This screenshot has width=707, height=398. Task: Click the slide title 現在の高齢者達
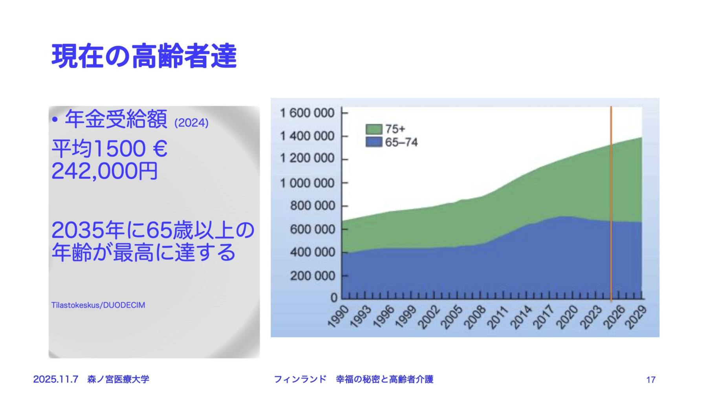pos(144,57)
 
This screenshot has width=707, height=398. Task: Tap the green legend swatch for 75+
pos(374,129)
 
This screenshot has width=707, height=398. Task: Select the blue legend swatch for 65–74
pos(374,142)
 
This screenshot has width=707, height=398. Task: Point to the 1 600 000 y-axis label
pos(307,113)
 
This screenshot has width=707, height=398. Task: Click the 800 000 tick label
pos(312,206)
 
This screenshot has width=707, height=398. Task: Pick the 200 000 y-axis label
pos(312,276)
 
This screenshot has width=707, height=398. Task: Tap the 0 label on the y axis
pos(334,298)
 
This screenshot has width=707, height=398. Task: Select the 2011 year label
pos(497,316)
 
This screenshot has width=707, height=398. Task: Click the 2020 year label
pos(567,316)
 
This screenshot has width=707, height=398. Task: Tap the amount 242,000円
pos(104,171)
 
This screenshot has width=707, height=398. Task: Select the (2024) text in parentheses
pos(191,123)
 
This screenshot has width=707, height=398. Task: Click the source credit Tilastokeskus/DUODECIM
pos(98,305)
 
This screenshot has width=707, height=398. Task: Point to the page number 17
pos(651,380)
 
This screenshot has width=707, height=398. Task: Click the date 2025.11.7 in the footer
pos(55,380)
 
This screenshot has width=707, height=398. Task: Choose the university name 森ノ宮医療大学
pos(118,380)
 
